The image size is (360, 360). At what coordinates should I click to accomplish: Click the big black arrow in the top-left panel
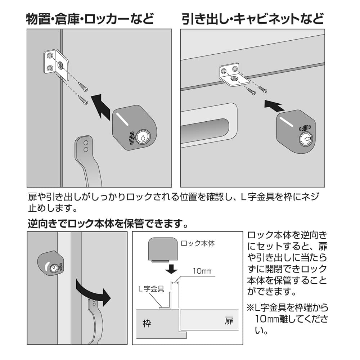[102, 106]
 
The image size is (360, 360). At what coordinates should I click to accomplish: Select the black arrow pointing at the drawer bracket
[274, 105]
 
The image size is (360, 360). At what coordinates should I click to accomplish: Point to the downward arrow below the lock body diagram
[171, 268]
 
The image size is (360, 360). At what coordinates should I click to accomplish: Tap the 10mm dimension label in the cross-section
[202, 271]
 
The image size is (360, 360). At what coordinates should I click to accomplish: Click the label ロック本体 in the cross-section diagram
[198, 243]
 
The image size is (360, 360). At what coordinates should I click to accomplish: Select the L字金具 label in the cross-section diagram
[151, 289]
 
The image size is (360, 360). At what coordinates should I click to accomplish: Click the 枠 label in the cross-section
[147, 323]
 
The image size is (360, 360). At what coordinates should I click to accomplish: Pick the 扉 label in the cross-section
[229, 320]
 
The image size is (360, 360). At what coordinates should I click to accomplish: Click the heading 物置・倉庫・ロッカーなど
[90, 19]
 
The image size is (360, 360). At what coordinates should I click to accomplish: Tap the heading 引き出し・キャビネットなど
[253, 19]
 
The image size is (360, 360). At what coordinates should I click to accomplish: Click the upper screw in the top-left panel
[83, 87]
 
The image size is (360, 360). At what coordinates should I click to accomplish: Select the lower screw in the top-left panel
[83, 100]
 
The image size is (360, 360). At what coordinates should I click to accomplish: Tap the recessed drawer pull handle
[208, 125]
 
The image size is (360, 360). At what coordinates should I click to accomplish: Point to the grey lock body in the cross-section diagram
[163, 249]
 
